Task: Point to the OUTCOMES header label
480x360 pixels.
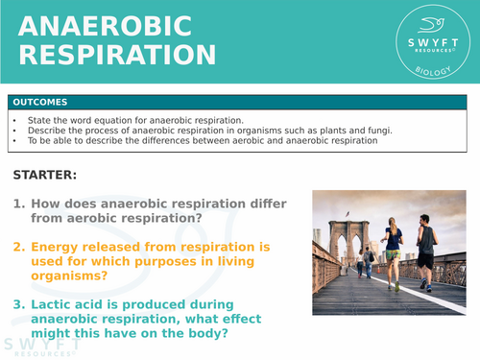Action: pyautogui.click(x=40, y=102)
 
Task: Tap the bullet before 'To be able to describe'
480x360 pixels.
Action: pyautogui.click(x=16, y=141)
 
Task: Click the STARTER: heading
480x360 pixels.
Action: pyautogui.click(x=44, y=176)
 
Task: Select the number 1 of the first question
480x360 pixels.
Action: pyautogui.click(x=18, y=204)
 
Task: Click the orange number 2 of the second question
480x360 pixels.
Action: pyautogui.click(x=18, y=247)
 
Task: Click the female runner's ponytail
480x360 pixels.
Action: pyautogui.click(x=394, y=224)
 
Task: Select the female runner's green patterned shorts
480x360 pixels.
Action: pyautogui.click(x=393, y=254)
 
